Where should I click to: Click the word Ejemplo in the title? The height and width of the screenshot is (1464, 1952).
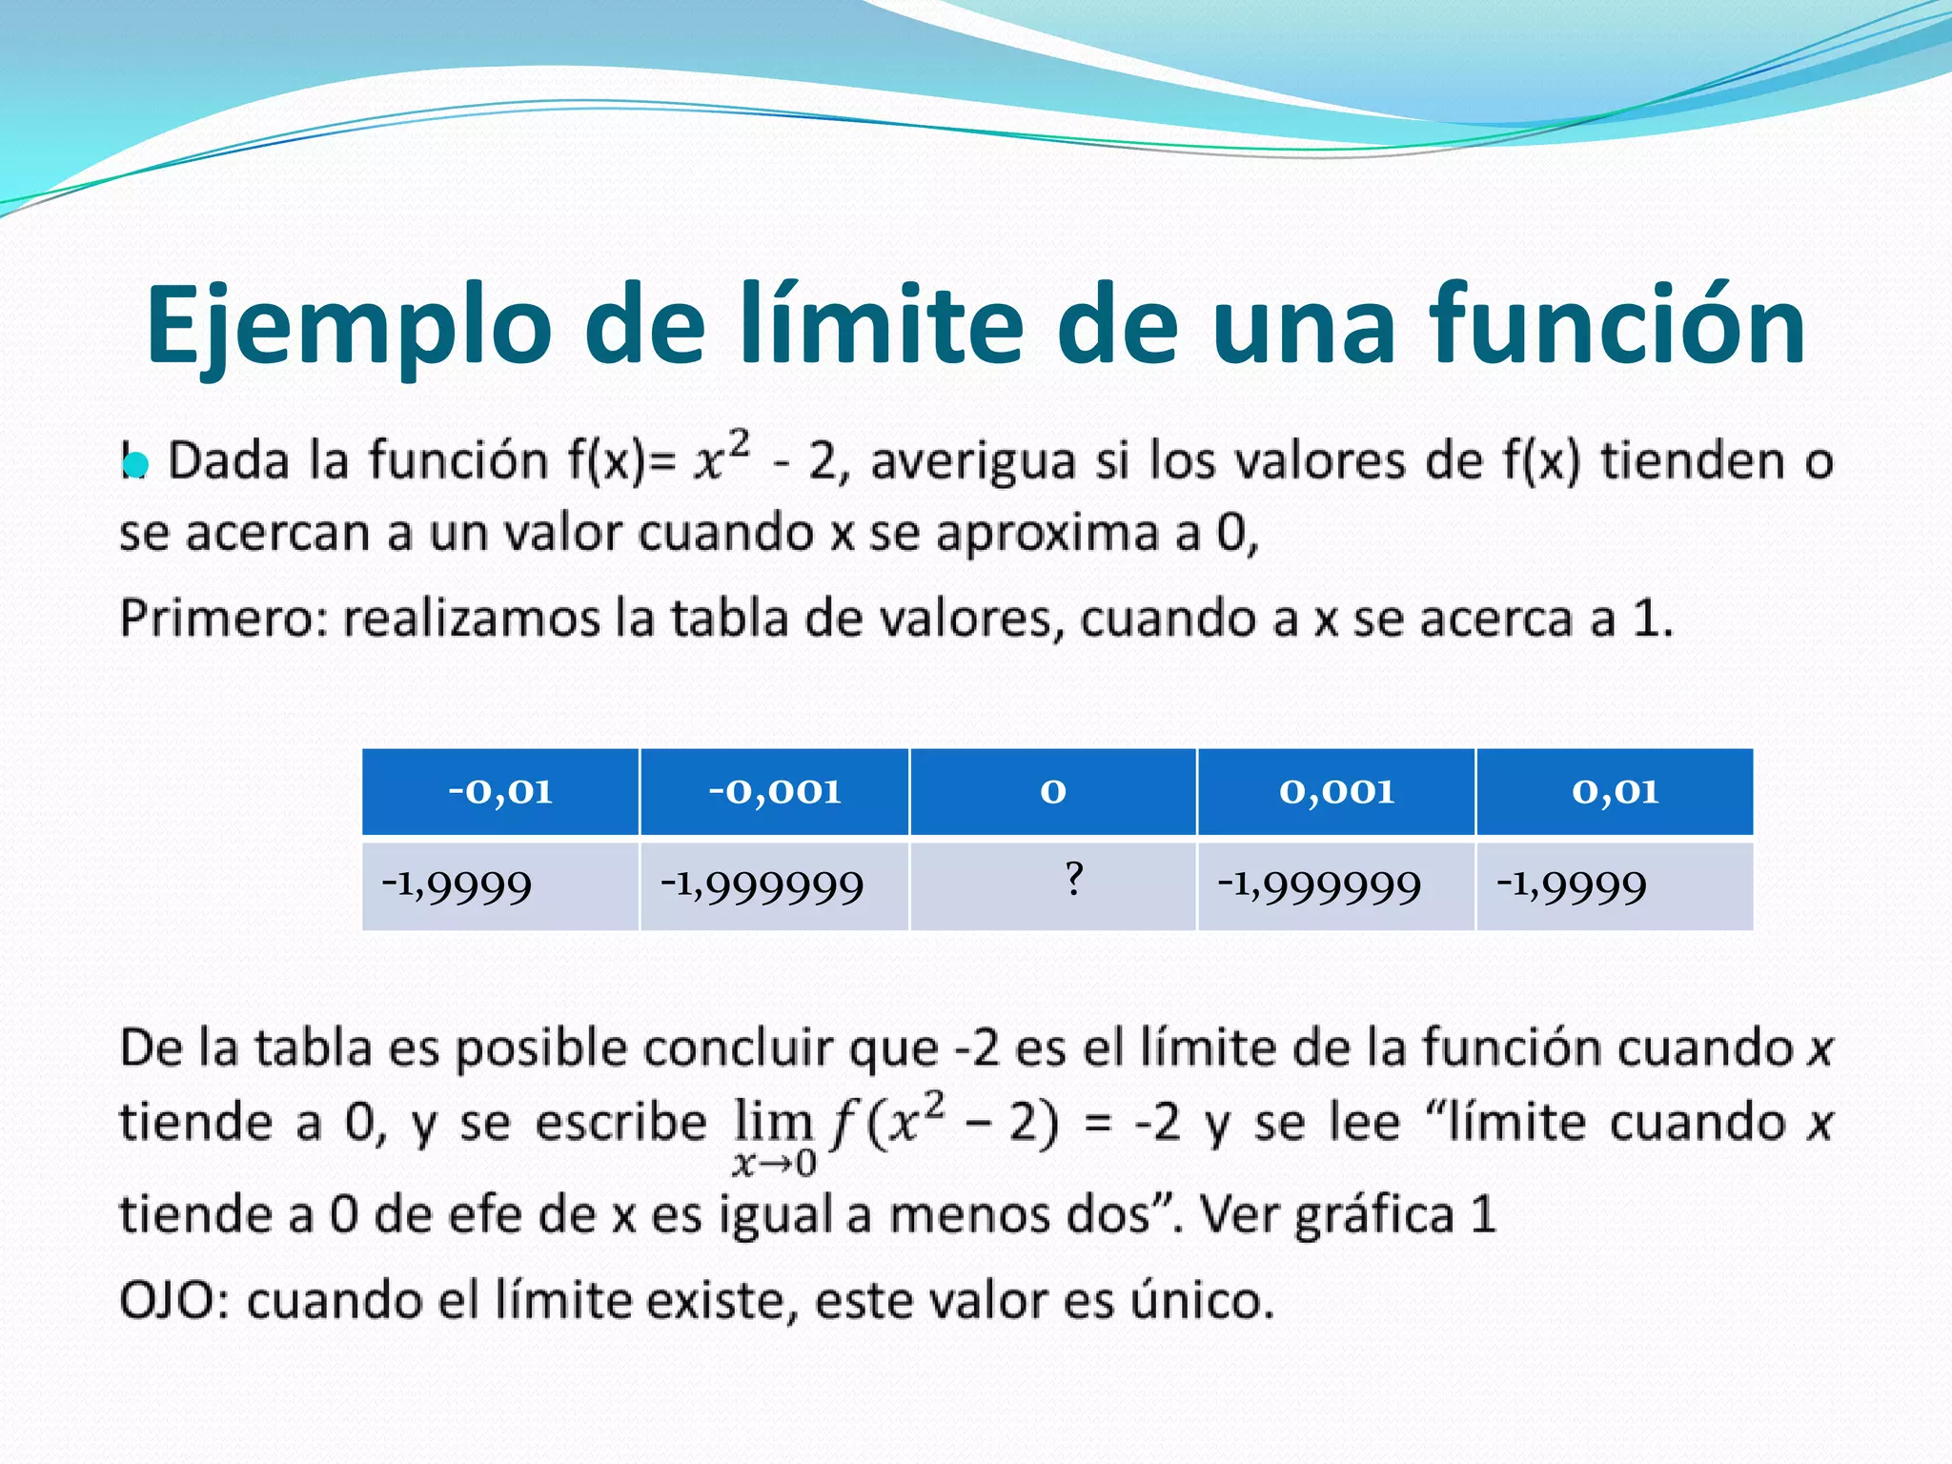(x=349, y=326)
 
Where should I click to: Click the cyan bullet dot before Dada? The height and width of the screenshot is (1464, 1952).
(x=136, y=464)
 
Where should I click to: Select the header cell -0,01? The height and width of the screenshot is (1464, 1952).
(x=500, y=791)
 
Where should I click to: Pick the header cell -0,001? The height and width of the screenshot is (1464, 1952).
(x=774, y=791)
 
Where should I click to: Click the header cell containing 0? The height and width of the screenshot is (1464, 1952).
(x=1052, y=791)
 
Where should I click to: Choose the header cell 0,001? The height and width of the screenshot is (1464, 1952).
(x=1336, y=791)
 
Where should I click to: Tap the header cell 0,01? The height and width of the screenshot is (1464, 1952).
(x=1615, y=791)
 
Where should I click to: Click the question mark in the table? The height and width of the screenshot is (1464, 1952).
(x=1074, y=878)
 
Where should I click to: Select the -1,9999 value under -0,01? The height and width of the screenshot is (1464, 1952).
(x=457, y=885)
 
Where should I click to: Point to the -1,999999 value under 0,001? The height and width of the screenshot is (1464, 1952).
(x=1319, y=885)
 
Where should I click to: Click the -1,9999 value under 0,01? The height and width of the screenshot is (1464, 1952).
(x=1572, y=885)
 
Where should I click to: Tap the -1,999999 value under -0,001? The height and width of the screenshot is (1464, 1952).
(x=762, y=885)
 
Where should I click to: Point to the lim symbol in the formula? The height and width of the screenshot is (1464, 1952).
(x=772, y=1122)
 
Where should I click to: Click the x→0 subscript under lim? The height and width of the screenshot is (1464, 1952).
(x=774, y=1164)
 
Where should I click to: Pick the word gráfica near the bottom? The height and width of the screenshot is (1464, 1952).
(x=1373, y=1216)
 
